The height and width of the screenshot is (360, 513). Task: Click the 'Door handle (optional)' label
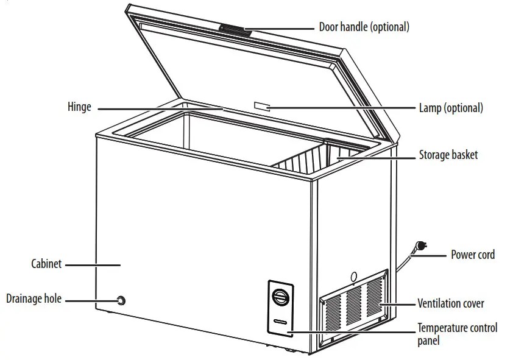click(x=364, y=27)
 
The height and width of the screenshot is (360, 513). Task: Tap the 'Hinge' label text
click(x=79, y=107)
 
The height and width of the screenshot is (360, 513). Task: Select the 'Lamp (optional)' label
click(x=450, y=108)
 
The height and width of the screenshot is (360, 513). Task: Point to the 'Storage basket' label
click(x=448, y=155)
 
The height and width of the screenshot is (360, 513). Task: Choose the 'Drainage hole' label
click(x=34, y=299)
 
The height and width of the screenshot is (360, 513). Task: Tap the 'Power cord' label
click(x=472, y=255)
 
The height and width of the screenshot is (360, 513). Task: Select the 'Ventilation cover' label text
click(x=450, y=303)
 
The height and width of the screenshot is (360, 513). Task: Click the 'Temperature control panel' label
click(x=457, y=334)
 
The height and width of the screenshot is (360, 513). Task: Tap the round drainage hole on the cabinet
click(x=121, y=300)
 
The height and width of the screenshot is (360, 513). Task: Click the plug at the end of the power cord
click(x=420, y=246)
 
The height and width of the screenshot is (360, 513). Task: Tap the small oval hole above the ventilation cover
click(x=353, y=277)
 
